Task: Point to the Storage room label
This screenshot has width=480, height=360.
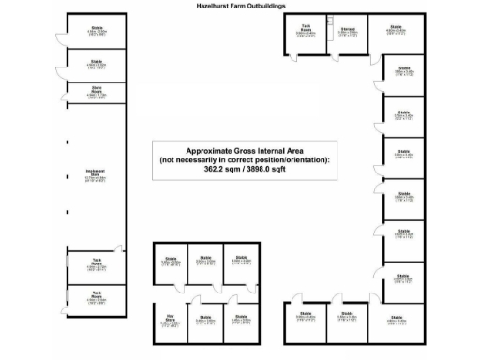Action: coord(348,31)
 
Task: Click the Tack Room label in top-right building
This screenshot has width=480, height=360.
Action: coord(307,29)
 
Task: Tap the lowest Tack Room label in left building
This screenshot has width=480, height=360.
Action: coord(97,292)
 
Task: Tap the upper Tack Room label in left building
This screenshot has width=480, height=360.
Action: coord(97,262)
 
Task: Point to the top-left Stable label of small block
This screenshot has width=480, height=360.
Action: coord(171,258)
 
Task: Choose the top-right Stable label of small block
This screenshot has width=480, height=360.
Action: coord(242,258)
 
